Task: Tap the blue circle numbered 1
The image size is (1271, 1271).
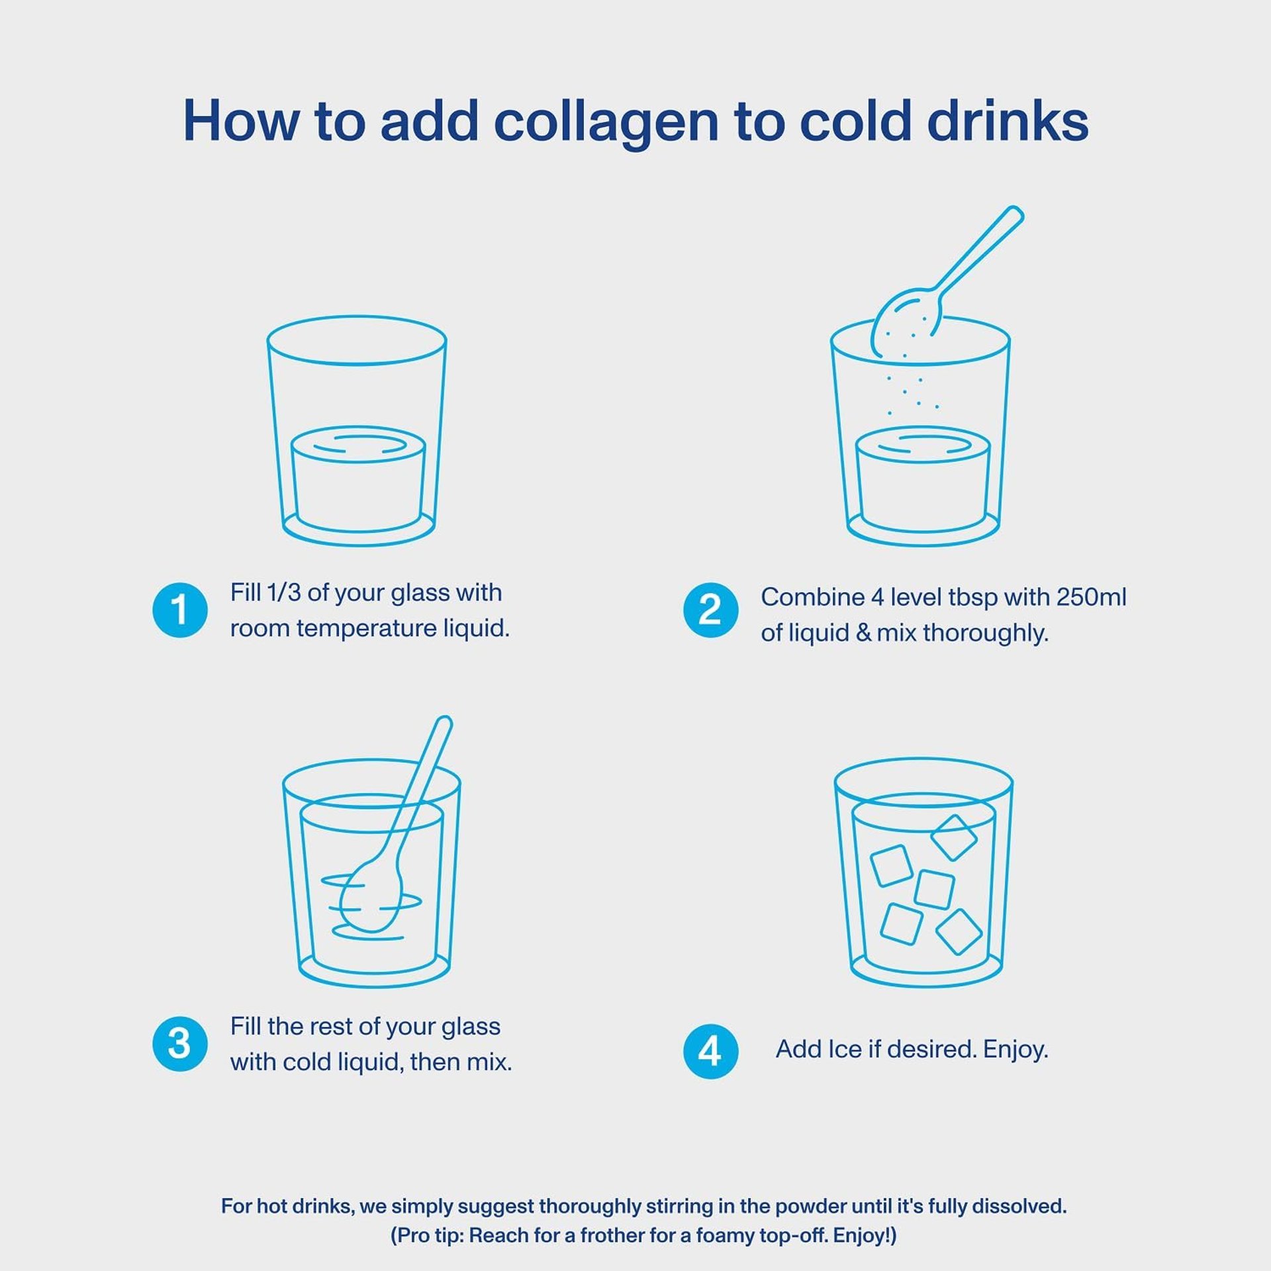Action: [x=180, y=610]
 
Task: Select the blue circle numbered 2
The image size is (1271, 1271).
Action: [x=710, y=610]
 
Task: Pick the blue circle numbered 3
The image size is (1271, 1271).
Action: [x=180, y=1044]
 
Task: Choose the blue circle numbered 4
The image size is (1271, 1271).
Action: [x=710, y=1051]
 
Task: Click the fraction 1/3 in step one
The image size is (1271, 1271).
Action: [x=283, y=592]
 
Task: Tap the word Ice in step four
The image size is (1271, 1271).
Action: [x=839, y=1049]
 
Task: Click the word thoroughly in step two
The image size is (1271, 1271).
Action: [x=985, y=634]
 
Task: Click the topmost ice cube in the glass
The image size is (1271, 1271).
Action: [x=954, y=837]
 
